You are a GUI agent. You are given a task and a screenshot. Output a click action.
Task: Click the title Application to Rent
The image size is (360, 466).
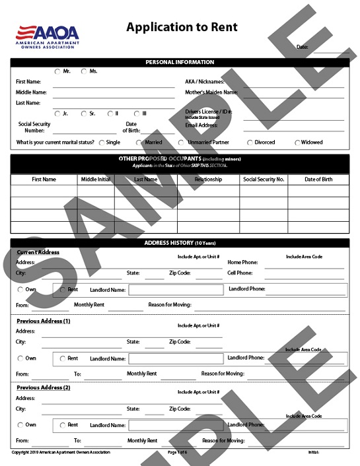point(181,28)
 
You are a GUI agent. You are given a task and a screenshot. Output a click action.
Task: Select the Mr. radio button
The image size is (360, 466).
point(57,71)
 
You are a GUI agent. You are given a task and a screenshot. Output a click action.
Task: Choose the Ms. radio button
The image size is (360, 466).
point(84,71)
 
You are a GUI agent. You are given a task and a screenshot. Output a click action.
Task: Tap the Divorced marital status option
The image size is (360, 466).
point(250,143)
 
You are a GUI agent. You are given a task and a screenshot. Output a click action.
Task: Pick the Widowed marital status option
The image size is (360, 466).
point(297,143)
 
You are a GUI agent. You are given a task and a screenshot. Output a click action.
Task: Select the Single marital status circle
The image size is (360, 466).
point(101,143)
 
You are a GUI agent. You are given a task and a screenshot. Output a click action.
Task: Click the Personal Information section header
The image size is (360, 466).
point(180,62)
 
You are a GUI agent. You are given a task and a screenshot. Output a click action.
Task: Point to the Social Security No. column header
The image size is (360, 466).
point(264,180)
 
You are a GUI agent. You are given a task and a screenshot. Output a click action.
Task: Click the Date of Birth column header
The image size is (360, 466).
point(318,180)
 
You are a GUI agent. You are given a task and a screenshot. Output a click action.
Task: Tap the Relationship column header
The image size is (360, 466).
point(208,180)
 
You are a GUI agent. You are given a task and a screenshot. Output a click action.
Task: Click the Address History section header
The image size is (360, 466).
point(180,244)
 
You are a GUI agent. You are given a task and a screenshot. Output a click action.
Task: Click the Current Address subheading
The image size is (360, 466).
point(38,252)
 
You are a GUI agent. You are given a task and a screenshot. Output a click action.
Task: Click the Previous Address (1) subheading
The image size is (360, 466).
point(43,321)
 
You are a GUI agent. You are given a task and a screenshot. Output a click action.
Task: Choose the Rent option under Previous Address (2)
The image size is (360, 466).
point(63,425)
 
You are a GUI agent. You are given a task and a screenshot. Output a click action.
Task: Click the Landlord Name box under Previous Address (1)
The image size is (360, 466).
point(175,359)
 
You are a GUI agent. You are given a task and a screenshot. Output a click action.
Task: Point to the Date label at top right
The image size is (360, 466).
point(302,47)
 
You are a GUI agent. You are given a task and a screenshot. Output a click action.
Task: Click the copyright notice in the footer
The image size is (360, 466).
point(61,452)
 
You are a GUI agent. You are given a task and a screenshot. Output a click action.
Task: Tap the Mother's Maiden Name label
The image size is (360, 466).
point(211,92)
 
